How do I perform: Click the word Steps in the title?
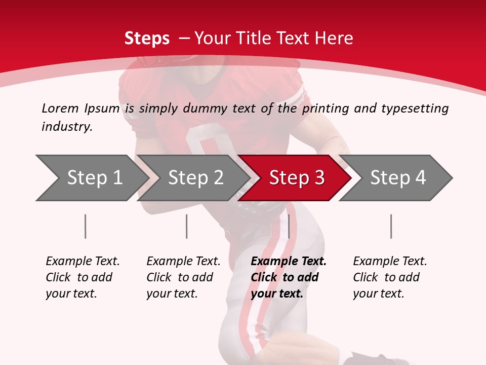pyautogui.click(x=147, y=39)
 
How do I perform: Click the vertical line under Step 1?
pyautogui.click(x=85, y=226)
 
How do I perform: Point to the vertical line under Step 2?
pyautogui.click(x=186, y=226)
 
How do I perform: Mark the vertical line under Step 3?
pyautogui.click(x=289, y=226)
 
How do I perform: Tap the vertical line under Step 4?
pyautogui.click(x=391, y=226)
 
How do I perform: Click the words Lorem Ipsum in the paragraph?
pyautogui.click(x=80, y=108)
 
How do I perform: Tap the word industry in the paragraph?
pyautogui.click(x=66, y=127)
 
